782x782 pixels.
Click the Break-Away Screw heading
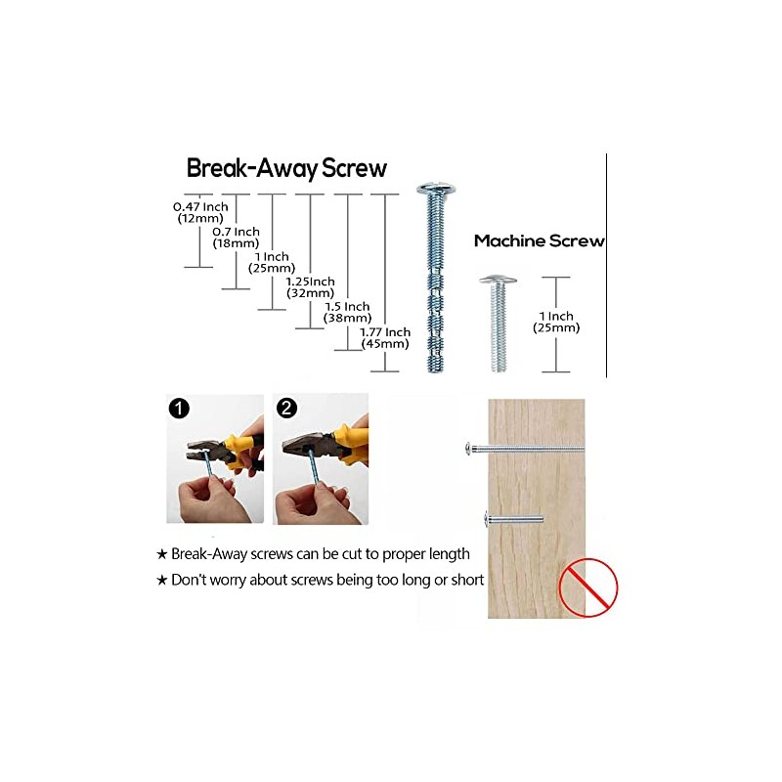286,168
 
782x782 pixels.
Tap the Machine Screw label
540,240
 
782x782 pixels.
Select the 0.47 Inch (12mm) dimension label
200,212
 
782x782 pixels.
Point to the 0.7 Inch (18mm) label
236,238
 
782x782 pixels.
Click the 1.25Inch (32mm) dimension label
310,287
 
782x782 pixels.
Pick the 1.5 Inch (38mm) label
348,312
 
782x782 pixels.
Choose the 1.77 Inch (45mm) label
385,337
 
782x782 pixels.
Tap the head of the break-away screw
437,189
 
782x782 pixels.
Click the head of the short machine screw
498,280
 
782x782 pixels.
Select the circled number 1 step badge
179,409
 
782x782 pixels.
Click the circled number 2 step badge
286,409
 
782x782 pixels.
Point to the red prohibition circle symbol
588,587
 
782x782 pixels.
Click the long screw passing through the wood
525,449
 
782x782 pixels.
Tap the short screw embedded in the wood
514,520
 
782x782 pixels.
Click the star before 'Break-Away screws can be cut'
161,554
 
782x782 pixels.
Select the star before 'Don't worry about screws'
161,580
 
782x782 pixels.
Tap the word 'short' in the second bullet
467,580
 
